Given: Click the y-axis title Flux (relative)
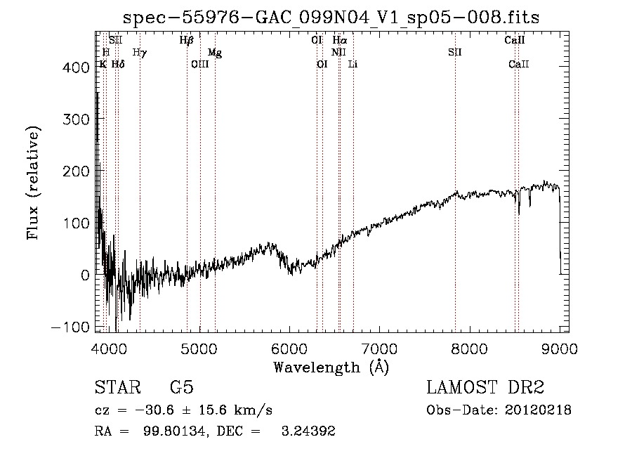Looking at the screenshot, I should click(x=33, y=183).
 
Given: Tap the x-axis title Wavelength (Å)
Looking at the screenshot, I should click(x=331, y=367).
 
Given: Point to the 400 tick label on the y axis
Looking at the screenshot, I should click(x=75, y=67).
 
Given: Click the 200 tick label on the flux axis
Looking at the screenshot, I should click(x=75, y=171).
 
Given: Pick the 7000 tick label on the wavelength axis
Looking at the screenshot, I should click(x=380, y=348).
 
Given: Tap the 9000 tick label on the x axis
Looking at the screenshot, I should click(x=560, y=348).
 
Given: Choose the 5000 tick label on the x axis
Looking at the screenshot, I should click(x=200, y=348).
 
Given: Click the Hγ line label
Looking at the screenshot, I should click(x=140, y=52).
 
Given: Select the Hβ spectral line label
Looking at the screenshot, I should click(x=186, y=40).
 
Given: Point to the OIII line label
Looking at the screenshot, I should click(x=200, y=64).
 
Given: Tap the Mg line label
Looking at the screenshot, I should click(x=215, y=52).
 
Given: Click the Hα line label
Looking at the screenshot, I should click(x=339, y=40).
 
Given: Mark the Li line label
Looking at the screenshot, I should click(x=353, y=64).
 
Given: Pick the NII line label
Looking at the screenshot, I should click(x=339, y=52).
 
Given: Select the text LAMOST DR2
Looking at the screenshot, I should click(x=485, y=388).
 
